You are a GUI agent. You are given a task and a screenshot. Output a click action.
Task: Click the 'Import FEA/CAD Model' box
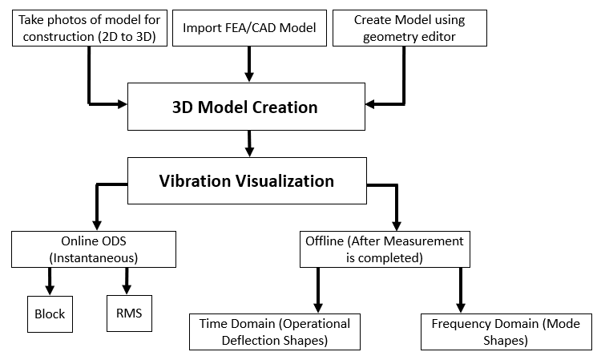click(x=249, y=28)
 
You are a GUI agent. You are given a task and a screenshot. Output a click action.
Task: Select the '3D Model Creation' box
click(x=246, y=107)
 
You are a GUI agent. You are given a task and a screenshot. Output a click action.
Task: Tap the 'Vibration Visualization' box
click(x=247, y=180)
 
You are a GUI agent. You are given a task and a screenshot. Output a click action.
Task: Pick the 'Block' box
click(x=50, y=314)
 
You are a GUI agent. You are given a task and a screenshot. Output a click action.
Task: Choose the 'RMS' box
click(x=129, y=313)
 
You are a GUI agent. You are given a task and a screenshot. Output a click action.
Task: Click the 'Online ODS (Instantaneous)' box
click(x=94, y=249)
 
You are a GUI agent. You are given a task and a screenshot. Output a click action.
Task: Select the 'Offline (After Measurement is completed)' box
click(x=385, y=249)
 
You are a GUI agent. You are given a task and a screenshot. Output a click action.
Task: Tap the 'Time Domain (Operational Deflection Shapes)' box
click(x=275, y=332)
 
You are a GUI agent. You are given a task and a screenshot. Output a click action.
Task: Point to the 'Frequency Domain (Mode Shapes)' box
click(x=506, y=332)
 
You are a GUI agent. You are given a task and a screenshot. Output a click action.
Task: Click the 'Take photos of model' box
click(x=90, y=28)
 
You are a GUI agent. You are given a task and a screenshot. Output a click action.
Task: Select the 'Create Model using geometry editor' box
click(x=409, y=28)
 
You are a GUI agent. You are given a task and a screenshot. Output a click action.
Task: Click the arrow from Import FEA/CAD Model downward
click(x=249, y=64)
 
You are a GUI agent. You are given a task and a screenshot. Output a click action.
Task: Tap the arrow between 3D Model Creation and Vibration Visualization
click(x=249, y=144)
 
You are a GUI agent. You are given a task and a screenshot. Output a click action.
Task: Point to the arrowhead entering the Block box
click(x=50, y=289)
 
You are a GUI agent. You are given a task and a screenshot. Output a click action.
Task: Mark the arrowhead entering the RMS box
click(x=127, y=289)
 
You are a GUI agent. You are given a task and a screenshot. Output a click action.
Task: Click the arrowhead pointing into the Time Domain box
click(x=318, y=307)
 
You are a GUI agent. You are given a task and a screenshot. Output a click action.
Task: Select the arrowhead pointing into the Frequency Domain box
click(x=461, y=307)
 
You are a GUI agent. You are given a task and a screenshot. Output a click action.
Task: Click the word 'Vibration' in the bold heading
click(x=194, y=181)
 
